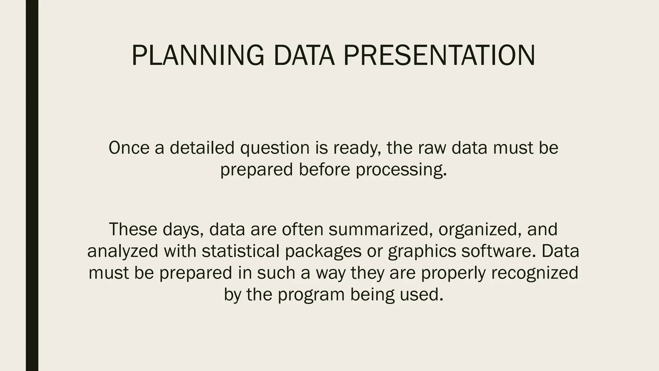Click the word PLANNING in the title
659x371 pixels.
[x=198, y=56]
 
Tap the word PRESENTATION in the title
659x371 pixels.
[x=439, y=56]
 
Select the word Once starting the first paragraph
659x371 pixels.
[x=129, y=148]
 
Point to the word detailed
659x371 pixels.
[x=202, y=148]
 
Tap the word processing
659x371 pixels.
[x=401, y=170]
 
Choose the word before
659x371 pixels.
[x=324, y=169]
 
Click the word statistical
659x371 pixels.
[x=240, y=251]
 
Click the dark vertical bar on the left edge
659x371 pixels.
[x=32, y=185]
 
